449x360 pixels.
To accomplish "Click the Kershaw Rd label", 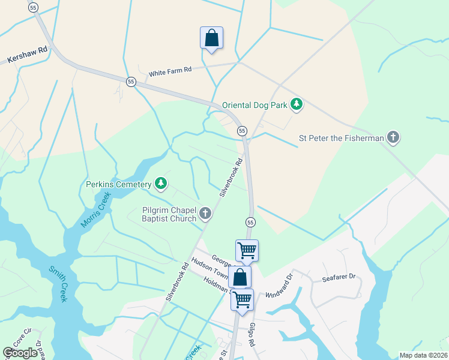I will (27, 55).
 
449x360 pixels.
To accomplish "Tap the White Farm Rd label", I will (170, 71).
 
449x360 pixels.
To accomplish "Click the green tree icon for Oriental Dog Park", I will (296, 105).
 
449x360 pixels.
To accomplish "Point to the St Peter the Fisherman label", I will (341, 138).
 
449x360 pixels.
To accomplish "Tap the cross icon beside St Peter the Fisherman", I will (393, 137).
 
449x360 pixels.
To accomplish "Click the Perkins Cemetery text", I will (118, 184).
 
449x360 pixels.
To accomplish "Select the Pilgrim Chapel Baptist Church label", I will (169, 214).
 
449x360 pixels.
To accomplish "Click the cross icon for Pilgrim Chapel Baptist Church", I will (205, 213).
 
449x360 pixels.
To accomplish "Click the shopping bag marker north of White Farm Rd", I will (211, 38).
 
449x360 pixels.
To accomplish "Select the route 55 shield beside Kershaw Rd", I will (33, 7).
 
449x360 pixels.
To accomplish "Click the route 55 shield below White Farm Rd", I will (131, 82).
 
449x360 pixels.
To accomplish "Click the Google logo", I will (20, 353).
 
